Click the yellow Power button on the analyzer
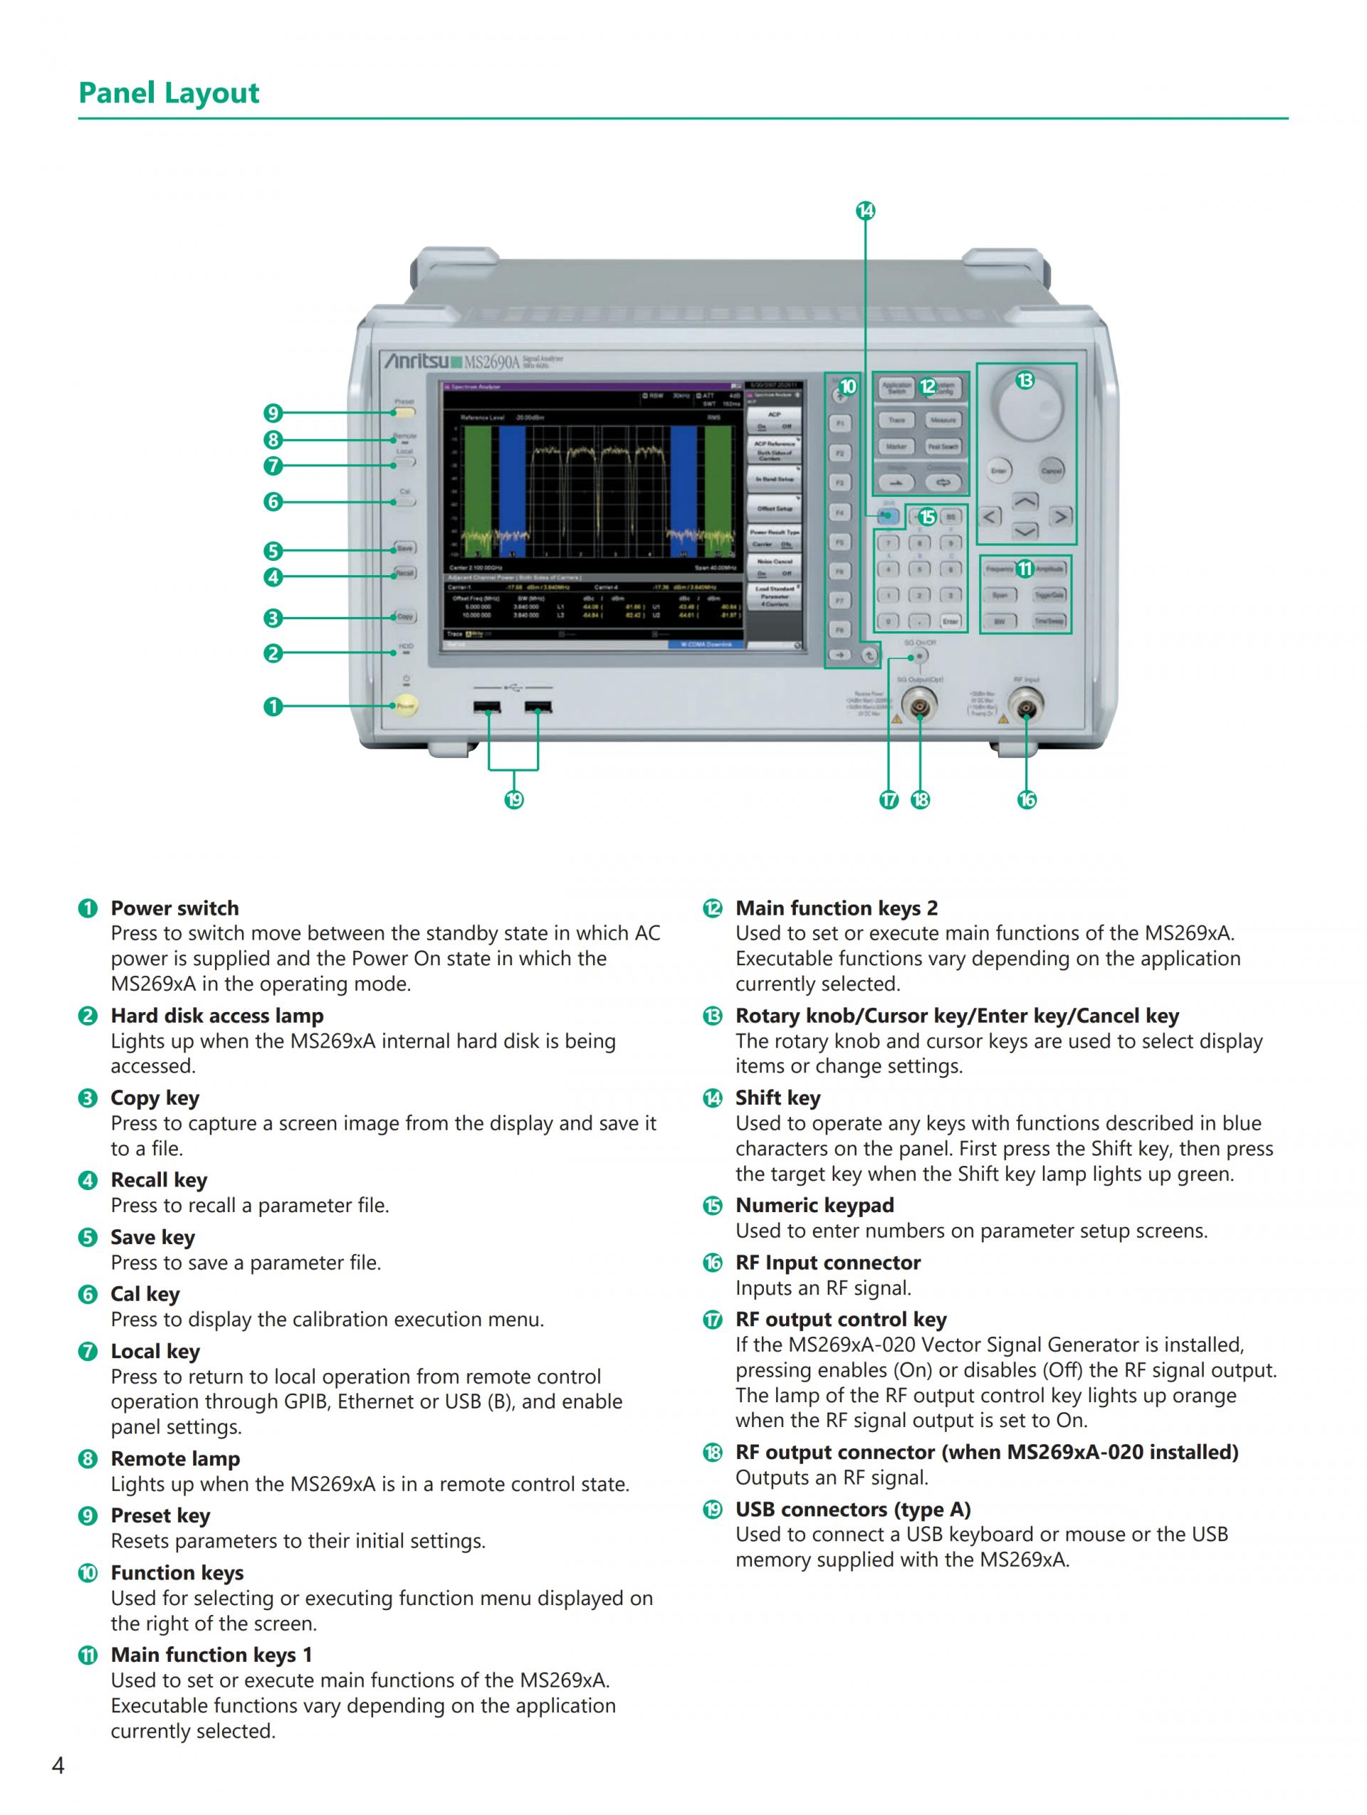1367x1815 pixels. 404,705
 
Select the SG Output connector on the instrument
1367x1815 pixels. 919,705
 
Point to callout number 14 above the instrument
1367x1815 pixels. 866,211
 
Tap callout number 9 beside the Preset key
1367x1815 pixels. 273,413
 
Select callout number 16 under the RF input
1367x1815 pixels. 1027,799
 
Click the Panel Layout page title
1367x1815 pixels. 168,93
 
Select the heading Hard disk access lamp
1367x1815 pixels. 216,1016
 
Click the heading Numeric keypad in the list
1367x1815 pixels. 814,1205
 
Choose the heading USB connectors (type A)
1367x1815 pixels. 852,1509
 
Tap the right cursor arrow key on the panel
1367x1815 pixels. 1061,517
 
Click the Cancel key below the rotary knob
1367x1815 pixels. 1051,470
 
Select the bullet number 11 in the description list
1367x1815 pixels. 88,1655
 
